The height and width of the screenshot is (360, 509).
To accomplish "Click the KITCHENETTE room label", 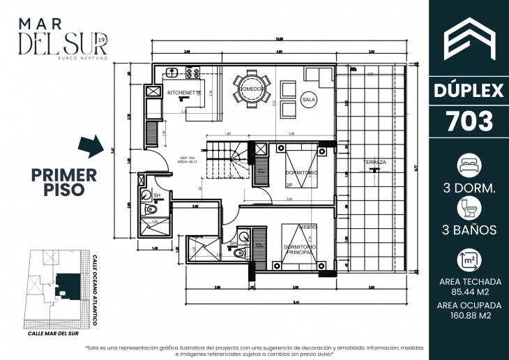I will [184, 92].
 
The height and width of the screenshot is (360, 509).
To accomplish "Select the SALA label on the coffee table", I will [309, 101].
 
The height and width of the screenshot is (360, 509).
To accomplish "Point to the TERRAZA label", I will [374, 163].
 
